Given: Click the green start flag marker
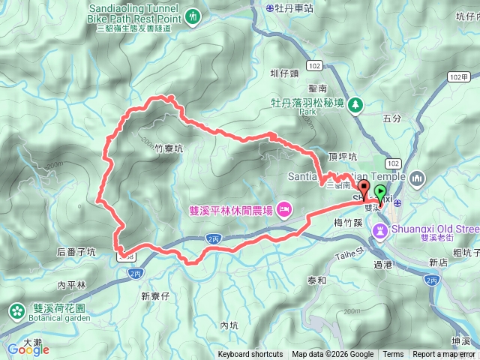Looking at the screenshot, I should pos(381,192).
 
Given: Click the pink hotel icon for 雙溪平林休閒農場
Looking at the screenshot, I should pos(285,208).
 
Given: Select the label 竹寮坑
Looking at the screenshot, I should pos(169,148).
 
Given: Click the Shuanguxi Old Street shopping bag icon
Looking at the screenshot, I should pos(382,228).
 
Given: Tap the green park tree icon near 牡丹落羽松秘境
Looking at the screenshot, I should pos(357,105).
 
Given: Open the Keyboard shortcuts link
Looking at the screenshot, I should pos(250,355).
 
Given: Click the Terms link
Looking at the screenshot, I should pos(393,355).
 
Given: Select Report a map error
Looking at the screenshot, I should pos(445,355).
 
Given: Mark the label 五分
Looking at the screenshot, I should pos(391,118).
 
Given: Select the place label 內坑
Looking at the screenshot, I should pos(229,325).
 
